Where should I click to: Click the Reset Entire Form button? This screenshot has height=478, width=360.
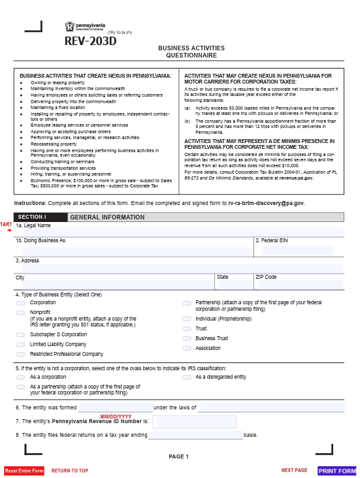[x=24, y=471]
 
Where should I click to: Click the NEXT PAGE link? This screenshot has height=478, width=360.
[x=294, y=470]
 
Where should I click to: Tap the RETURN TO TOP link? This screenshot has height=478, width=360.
[x=70, y=471]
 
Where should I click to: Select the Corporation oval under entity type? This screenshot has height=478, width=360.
[x=21, y=303]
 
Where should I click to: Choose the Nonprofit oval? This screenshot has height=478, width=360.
[x=21, y=313]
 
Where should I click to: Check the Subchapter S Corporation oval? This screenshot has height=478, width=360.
[x=21, y=334]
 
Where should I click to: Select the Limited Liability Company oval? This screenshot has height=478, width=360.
[x=21, y=344]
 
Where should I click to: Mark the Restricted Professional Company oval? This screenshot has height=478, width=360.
[x=21, y=354]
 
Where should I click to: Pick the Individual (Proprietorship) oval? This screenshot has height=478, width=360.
[x=187, y=319]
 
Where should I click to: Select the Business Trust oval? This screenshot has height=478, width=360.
[x=187, y=338]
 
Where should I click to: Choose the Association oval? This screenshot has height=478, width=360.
[x=187, y=348]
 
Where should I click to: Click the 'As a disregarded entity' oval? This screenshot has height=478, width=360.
[x=187, y=377]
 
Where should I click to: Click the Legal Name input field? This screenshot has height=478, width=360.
[x=180, y=232]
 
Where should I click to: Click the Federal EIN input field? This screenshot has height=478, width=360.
[x=298, y=250]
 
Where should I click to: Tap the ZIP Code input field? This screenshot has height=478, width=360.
[x=298, y=284]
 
